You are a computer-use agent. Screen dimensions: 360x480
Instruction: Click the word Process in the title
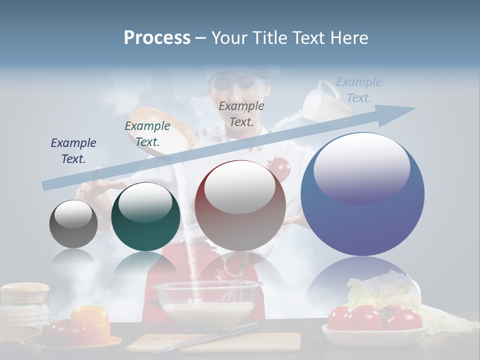[157, 37]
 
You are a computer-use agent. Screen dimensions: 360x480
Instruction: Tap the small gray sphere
[73, 224]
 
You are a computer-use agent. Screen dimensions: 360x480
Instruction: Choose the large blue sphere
[362, 194]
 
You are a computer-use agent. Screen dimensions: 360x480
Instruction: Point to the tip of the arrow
[414, 108]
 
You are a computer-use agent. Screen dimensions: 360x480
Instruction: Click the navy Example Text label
[73, 151]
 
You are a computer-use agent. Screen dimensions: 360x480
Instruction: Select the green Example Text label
[147, 134]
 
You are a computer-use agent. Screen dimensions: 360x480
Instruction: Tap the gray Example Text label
[241, 114]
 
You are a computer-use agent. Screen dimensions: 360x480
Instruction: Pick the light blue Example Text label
[358, 90]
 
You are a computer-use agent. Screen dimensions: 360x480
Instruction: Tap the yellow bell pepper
[91, 320]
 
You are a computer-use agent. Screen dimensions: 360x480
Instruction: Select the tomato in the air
[278, 169]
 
